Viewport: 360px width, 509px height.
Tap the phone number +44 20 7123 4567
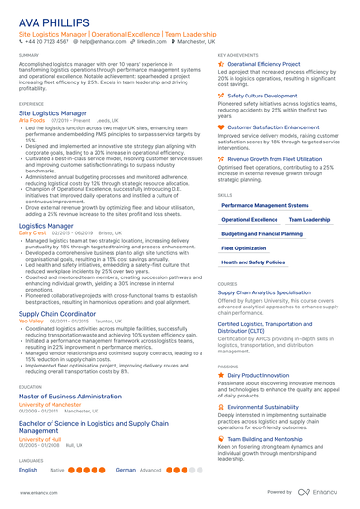(46, 42)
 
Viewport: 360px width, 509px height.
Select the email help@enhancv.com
(102, 42)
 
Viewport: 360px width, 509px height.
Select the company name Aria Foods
(32, 120)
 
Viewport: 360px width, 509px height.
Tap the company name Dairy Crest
(33, 234)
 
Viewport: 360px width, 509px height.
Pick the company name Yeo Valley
(32, 322)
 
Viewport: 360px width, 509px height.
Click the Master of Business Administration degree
(71, 397)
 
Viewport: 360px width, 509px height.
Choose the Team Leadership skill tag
(308, 219)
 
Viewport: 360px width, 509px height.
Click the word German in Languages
(126, 470)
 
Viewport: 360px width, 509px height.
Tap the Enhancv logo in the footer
(323, 492)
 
